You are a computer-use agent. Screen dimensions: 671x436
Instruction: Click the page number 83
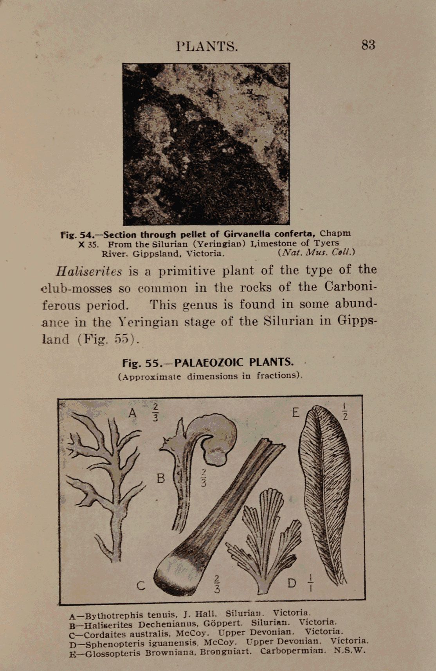click(368, 45)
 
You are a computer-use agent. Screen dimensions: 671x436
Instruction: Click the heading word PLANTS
click(207, 47)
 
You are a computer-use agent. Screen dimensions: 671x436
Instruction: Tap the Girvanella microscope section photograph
click(206, 144)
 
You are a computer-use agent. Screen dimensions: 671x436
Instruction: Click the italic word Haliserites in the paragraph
click(89, 271)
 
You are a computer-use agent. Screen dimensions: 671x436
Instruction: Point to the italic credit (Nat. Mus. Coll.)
click(316, 252)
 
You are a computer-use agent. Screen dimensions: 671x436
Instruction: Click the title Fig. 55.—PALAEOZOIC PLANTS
click(208, 363)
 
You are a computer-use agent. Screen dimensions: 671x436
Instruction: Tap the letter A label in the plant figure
click(133, 413)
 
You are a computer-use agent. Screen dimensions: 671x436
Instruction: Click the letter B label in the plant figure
click(160, 478)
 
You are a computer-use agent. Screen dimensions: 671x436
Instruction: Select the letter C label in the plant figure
click(141, 586)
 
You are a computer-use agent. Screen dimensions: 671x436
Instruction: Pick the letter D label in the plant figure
click(292, 583)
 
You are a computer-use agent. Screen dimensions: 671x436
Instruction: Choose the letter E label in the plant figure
click(295, 412)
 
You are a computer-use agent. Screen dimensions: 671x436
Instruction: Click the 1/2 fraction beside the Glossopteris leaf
click(344, 411)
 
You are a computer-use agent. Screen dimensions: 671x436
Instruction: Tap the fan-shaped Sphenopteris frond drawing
click(262, 540)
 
